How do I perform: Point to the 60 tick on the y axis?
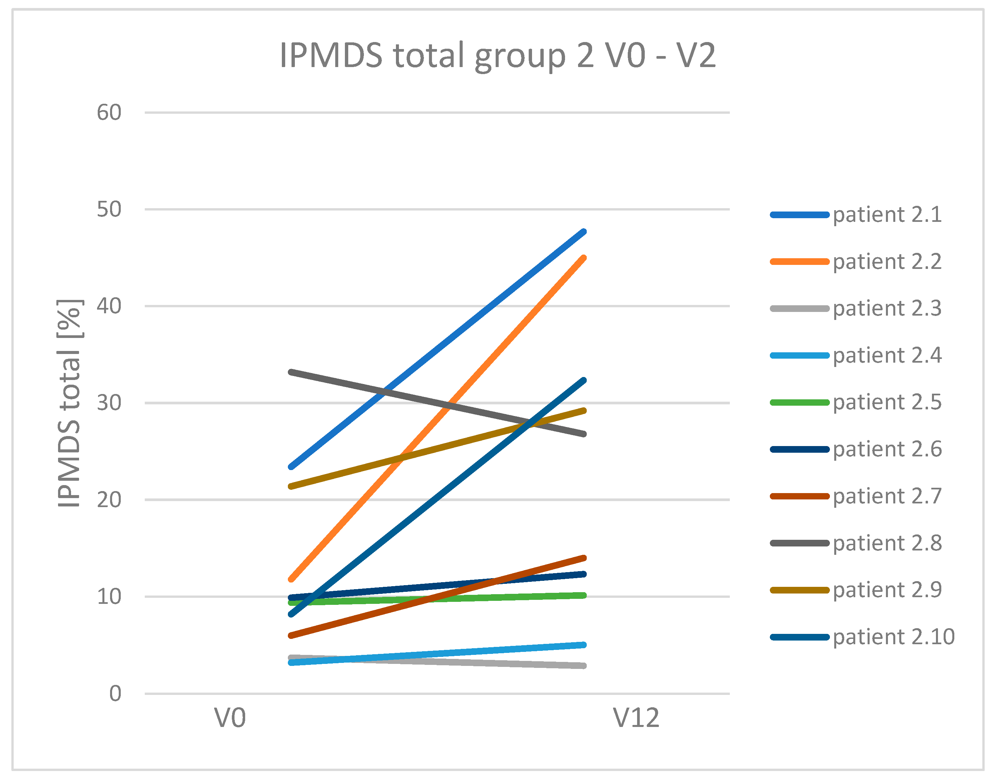pyautogui.click(x=109, y=113)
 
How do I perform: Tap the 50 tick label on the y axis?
pyautogui.click(x=109, y=209)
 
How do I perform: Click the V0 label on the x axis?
pyautogui.click(x=230, y=718)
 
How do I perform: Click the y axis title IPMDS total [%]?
pyautogui.click(x=69, y=403)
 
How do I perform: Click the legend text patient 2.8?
pyautogui.click(x=887, y=543)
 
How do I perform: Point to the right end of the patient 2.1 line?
pyautogui.click(x=584, y=232)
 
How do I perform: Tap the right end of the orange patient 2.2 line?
pyautogui.click(x=584, y=258)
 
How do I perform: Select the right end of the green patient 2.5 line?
pyautogui.click(x=584, y=595)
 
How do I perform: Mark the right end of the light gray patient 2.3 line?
pyautogui.click(x=584, y=666)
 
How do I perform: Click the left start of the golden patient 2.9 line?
pyautogui.click(x=291, y=486)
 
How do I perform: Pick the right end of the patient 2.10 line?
pyautogui.click(x=584, y=380)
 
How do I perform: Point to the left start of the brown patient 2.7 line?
pyautogui.click(x=291, y=635)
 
